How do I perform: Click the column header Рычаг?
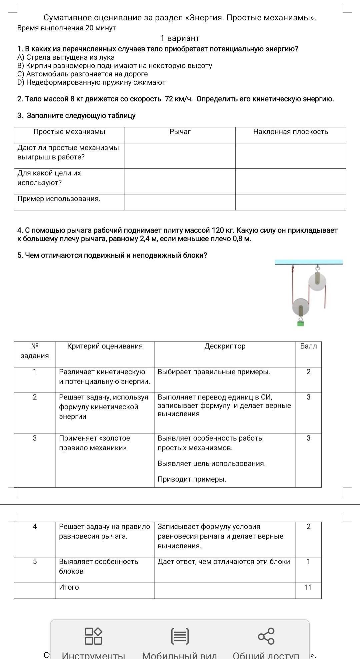pyautogui.click(x=180, y=132)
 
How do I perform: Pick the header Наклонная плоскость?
pyautogui.click(x=290, y=132)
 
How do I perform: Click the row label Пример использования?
pyautogui.click(x=59, y=199)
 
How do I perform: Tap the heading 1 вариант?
pyautogui.click(x=180, y=38)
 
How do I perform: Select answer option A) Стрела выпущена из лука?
pyautogui.click(x=66, y=57)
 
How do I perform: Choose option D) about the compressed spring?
pyautogui.click(x=91, y=82)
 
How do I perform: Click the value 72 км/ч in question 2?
pyautogui.click(x=179, y=99)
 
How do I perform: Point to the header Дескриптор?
pyautogui.click(x=225, y=346)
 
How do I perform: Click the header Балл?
pyautogui.click(x=308, y=346)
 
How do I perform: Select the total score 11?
pyautogui.click(x=308, y=587)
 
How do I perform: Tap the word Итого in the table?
pyautogui.click(x=69, y=587)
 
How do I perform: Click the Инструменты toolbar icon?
pyautogui.click(x=93, y=636)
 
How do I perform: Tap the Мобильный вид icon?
pyautogui.click(x=180, y=636)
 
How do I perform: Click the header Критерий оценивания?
pyautogui.click(x=105, y=346)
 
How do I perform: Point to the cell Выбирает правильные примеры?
pyautogui.click(x=214, y=372)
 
